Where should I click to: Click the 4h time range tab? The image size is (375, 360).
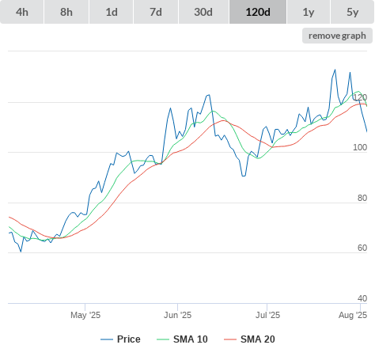(x=22, y=12)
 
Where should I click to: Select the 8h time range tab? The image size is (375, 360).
(x=66, y=12)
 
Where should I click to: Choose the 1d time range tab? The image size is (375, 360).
(x=112, y=12)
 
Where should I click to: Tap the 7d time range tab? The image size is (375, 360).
(x=156, y=12)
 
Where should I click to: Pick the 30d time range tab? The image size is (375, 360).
(x=203, y=12)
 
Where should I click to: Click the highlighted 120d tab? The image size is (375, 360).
(x=258, y=12)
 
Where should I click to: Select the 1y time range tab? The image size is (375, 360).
(x=309, y=12)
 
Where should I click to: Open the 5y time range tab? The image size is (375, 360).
(x=353, y=12)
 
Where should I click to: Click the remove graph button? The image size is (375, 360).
(x=337, y=36)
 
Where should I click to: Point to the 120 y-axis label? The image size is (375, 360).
(x=360, y=97)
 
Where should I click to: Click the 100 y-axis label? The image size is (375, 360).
(x=360, y=147)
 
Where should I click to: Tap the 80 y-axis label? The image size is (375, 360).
(x=362, y=198)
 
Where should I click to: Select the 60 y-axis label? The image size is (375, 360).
(x=362, y=248)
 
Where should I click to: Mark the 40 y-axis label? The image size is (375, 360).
(x=362, y=298)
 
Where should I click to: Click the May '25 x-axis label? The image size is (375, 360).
(x=85, y=315)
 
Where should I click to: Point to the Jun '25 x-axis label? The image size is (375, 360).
(x=177, y=315)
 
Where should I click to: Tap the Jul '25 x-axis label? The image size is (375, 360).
(x=267, y=315)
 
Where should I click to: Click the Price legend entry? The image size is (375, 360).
(x=120, y=339)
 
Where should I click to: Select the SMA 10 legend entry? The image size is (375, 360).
(x=182, y=339)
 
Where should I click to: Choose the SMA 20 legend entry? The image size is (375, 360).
(x=249, y=339)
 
